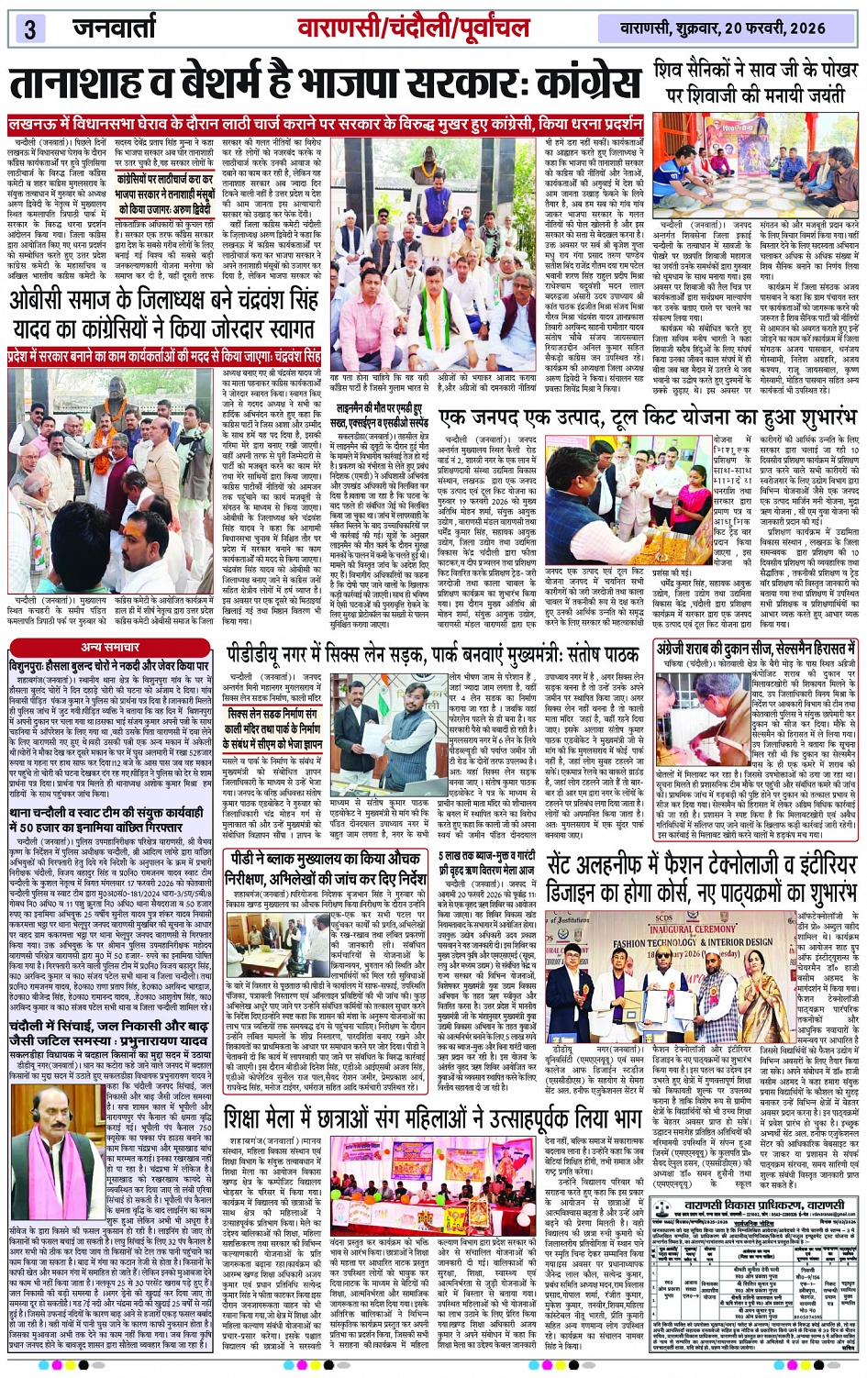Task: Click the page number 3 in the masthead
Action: pos(28,28)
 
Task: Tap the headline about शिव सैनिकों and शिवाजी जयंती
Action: pos(756,82)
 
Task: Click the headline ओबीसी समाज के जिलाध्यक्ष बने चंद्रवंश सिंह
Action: pos(163,313)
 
